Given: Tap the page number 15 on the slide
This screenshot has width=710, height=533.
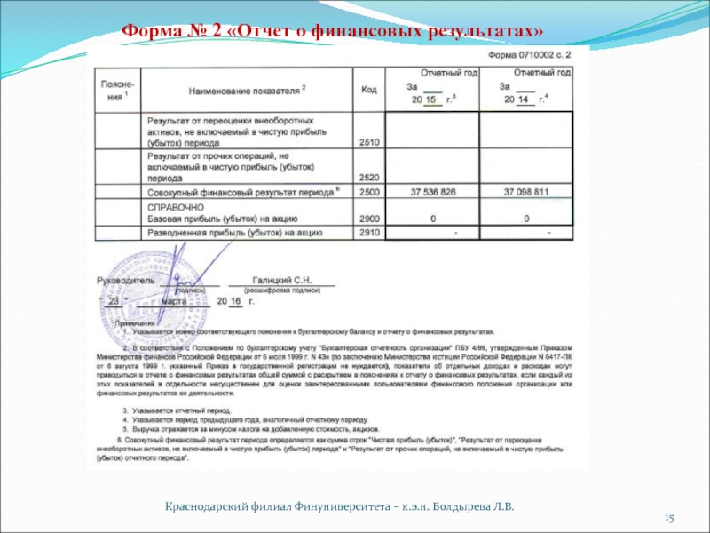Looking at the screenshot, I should pyautogui.click(x=670, y=517).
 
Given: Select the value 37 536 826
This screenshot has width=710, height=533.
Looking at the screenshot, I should pyautogui.click(x=433, y=192).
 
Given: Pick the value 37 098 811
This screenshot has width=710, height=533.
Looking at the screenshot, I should pyautogui.click(x=526, y=192).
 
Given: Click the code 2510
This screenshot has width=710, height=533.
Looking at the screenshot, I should pyautogui.click(x=369, y=142).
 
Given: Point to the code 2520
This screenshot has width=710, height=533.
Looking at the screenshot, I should pyautogui.click(x=369, y=178).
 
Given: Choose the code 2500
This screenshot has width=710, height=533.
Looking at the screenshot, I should pyautogui.click(x=369, y=192).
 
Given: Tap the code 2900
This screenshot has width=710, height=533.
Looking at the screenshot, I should pyautogui.click(x=369, y=219).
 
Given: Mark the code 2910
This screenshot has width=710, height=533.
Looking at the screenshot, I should pyautogui.click(x=369, y=232).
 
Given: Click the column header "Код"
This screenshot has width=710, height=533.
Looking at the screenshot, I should pyautogui.click(x=369, y=89).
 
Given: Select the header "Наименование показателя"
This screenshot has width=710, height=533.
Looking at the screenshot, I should pyautogui.click(x=248, y=90).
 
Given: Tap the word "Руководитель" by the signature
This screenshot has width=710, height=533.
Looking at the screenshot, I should pyautogui.click(x=125, y=280).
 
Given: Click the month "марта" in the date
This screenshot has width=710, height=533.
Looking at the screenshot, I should pyautogui.click(x=176, y=300).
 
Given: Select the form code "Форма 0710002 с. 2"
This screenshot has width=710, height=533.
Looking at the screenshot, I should pyautogui.click(x=530, y=55).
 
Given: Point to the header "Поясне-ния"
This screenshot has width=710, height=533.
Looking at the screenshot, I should pyautogui.click(x=116, y=89).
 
